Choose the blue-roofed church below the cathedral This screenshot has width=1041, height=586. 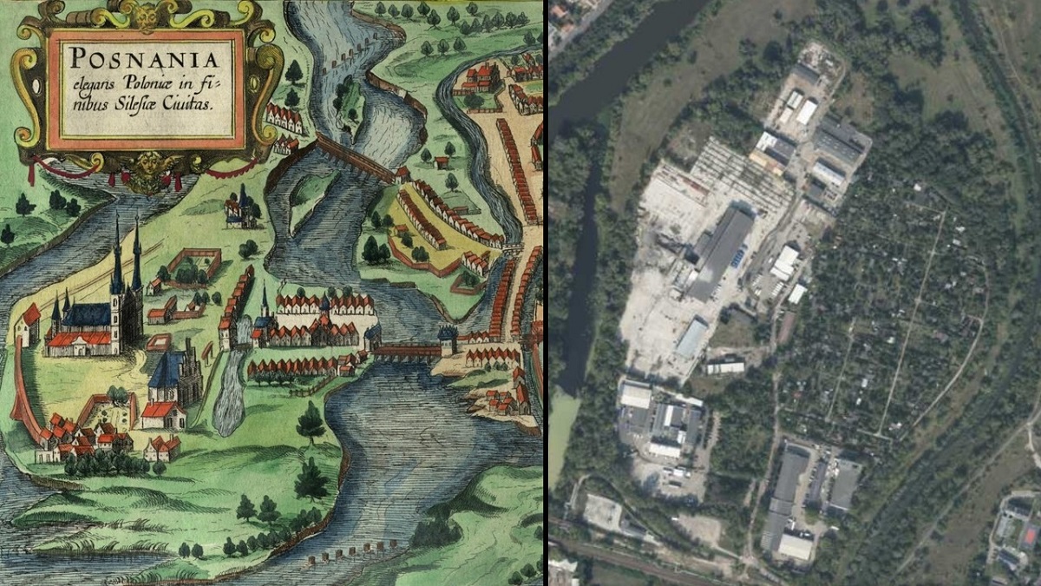173,382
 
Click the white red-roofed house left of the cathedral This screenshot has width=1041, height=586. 28,326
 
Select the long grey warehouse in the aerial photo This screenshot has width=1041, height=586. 720,252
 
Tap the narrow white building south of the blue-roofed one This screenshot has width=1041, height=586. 725,368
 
